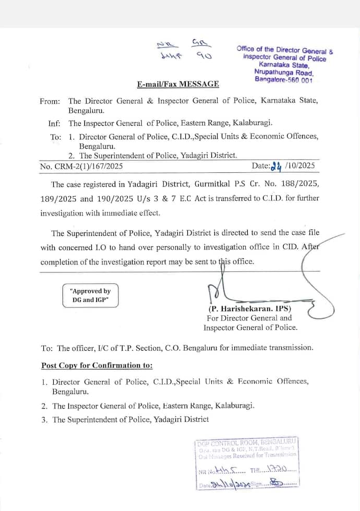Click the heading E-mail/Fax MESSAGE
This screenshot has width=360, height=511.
(178, 84)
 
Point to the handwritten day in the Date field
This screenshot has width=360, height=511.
(277, 166)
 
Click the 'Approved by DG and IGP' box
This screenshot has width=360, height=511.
(90, 295)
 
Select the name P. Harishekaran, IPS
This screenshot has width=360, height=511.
(250, 308)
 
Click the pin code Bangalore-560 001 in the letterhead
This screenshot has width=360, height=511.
(284, 80)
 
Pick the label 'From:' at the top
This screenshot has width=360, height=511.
(50, 101)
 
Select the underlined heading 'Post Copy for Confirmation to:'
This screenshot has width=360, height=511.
(97, 365)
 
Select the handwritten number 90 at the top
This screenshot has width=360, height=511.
(203, 55)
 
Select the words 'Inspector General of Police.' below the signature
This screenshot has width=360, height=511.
(250, 327)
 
